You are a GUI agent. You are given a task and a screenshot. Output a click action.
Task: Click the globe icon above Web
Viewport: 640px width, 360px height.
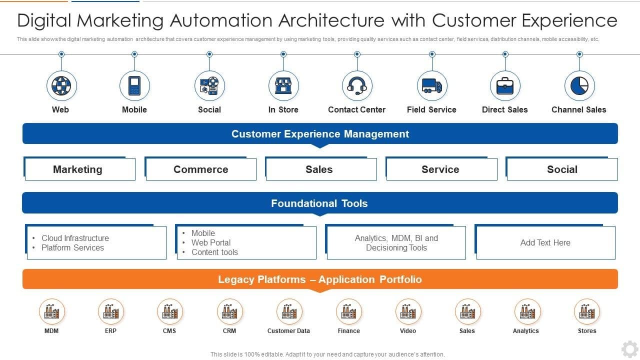tap(61, 86)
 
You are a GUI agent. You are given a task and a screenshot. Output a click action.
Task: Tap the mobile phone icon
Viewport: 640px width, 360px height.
tap(134, 86)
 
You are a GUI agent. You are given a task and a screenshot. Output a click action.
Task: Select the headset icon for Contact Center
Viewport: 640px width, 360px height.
tap(357, 86)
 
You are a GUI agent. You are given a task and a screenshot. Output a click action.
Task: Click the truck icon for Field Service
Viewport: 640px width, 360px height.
tap(432, 86)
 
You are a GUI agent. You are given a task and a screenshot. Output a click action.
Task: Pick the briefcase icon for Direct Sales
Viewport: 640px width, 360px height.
tap(505, 86)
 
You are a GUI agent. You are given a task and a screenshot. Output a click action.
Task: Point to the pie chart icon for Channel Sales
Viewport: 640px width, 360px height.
tap(579, 86)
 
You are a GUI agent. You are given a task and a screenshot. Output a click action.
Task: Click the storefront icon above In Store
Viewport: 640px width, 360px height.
tap(283, 86)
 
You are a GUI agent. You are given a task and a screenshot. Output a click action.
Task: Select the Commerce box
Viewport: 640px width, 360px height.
tap(200, 169)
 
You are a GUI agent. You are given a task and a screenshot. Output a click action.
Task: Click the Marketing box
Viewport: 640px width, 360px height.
tap(79, 169)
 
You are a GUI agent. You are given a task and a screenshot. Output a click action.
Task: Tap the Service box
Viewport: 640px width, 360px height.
tap(441, 169)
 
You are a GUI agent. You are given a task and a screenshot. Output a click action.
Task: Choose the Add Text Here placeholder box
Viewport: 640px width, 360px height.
tap(545, 242)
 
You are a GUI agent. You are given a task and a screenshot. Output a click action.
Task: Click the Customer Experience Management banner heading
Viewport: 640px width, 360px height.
tap(320, 134)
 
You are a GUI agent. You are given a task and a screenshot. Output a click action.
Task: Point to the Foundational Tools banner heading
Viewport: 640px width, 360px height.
tap(319, 203)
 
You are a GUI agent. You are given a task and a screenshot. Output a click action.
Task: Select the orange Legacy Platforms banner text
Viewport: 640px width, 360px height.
tap(320, 279)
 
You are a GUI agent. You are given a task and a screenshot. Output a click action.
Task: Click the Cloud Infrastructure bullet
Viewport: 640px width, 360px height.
tap(75, 238)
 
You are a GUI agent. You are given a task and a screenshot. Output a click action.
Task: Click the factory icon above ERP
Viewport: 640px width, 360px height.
tap(111, 311)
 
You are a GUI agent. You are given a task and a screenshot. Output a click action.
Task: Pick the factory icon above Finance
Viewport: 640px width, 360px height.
tap(348, 311)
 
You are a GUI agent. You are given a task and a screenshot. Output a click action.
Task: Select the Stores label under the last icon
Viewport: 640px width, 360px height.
tap(587, 331)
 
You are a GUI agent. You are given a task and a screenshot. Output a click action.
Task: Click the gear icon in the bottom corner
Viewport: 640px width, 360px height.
tap(629, 348)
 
